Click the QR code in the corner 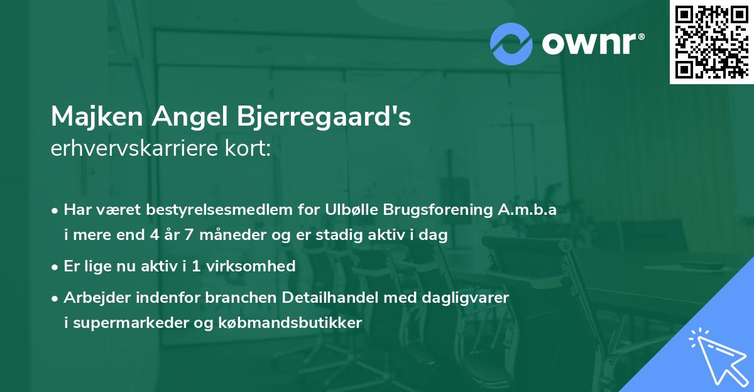[x=712, y=42]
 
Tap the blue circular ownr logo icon [x=511, y=44]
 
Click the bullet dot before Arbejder [x=56, y=297]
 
